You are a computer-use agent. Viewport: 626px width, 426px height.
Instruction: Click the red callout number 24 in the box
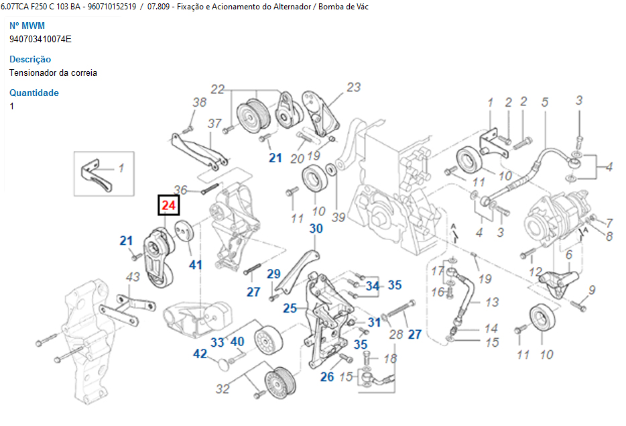[169, 205]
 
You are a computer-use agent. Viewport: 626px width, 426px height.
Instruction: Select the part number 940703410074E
[40, 39]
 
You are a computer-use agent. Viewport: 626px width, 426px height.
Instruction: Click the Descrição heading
[30, 59]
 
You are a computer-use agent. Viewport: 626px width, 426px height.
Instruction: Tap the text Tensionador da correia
[53, 72]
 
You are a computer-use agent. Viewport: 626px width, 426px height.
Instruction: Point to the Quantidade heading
[34, 93]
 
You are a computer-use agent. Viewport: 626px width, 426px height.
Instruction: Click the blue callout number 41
[195, 265]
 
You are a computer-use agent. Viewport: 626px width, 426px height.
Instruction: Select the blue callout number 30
[316, 229]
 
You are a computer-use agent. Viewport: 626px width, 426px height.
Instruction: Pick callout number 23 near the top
[353, 87]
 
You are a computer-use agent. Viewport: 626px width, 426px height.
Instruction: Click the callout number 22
[218, 89]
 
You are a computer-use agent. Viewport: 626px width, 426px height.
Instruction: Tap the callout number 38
[200, 103]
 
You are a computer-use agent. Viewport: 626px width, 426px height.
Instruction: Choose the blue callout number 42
[200, 354]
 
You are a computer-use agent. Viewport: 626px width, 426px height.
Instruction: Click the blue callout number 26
[326, 377]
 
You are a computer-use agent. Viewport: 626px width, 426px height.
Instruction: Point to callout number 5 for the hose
[545, 102]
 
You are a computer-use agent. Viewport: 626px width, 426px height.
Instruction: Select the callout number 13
[492, 303]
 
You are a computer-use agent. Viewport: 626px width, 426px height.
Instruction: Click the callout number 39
[338, 217]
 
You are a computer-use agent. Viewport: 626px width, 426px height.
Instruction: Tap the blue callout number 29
[273, 274]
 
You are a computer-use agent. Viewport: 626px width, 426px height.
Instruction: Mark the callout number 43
[133, 276]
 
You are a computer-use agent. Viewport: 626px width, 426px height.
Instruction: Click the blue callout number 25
[290, 309]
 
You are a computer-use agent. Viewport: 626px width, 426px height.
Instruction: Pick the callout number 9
[591, 290]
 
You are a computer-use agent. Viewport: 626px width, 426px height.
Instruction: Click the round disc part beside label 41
[182, 230]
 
